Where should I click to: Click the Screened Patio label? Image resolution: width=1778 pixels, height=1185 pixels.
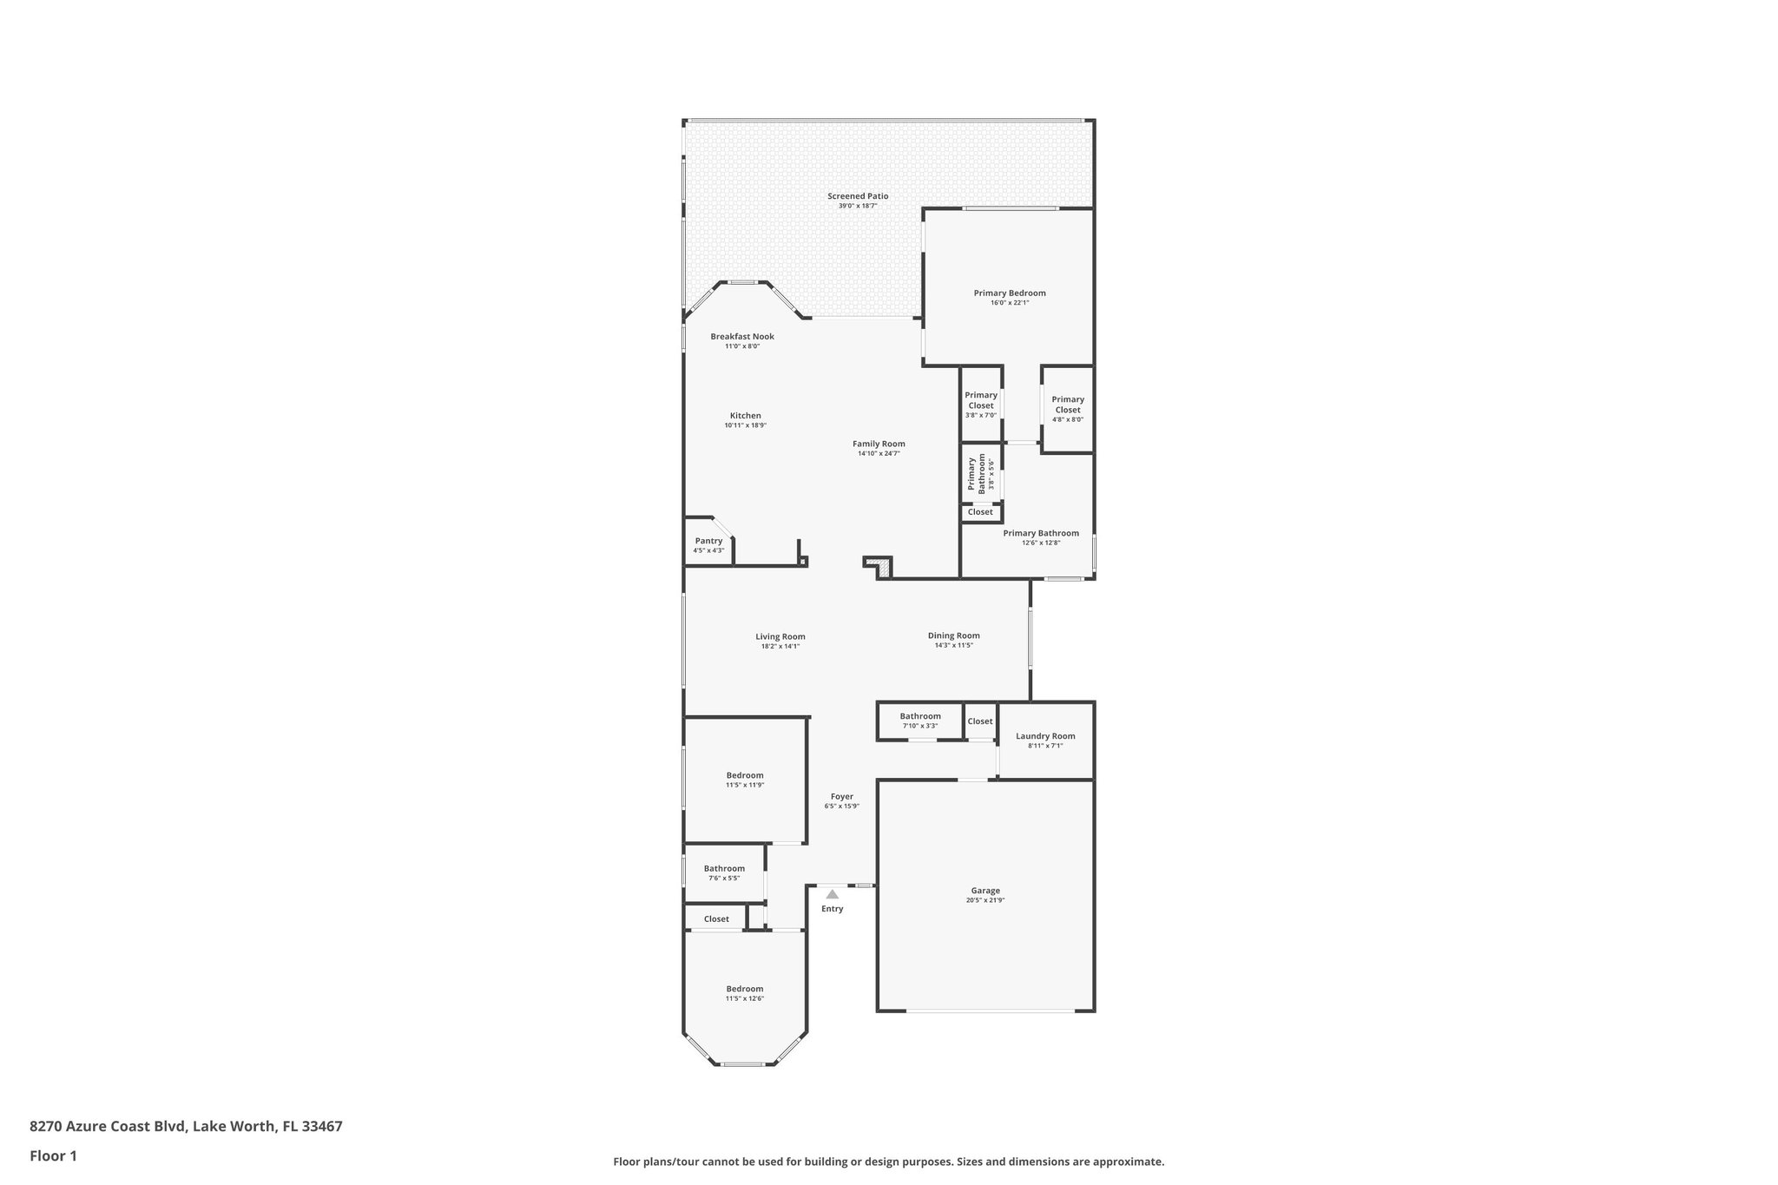pyautogui.click(x=857, y=196)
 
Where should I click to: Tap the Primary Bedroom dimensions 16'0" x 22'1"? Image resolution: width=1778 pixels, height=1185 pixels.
pyautogui.click(x=1009, y=303)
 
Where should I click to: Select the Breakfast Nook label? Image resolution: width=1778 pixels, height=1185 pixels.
pyautogui.click(x=741, y=337)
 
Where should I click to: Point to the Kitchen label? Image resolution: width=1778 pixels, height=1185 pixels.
pyautogui.click(x=745, y=416)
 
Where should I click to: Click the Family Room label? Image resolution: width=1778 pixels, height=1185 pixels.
pyautogui.click(x=878, y=444)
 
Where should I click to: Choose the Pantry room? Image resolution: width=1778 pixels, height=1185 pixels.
pyautogui.click(x=708, y=544)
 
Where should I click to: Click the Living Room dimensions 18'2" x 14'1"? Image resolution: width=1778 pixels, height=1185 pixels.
pyautogui.click(x=780, y=647)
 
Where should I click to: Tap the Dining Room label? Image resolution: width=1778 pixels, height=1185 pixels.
pyautogui.click(x=953, y=635)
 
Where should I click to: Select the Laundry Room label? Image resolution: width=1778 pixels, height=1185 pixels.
pyautogui.click(x=1044, y=736)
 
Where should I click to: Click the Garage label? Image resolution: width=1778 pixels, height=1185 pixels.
pyautogui.click(x=984, y=891)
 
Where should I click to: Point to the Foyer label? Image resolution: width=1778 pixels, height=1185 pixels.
pyautogui.click(x=841, y=797)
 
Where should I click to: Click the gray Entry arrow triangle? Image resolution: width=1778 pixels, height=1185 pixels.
pyautogui.click(x=832, y=894)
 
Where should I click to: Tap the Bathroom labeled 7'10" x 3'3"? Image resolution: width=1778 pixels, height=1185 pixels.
pyautogui.click(x=919, y=721)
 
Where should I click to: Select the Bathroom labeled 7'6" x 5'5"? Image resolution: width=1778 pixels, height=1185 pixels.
pyautogui.click(x=723, y=872)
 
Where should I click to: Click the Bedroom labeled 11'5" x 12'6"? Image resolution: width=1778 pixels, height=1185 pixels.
pyautogui.click(x=744, y=993)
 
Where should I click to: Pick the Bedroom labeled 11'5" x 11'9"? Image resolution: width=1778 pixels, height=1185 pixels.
pyautogui.click(x=744, y=780)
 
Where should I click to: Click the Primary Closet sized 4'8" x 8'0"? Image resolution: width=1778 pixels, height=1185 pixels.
pyautogui.click(x=1067, y=409)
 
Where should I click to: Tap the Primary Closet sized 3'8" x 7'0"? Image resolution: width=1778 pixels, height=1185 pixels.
pyautogui.click(x=980, y=405)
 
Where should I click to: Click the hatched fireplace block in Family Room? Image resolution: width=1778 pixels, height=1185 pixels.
pyautogui.click(x=883, y=569)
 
